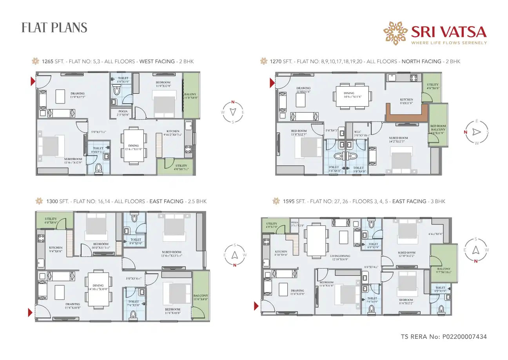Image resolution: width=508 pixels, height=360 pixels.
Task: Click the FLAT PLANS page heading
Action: [x=54, y=28]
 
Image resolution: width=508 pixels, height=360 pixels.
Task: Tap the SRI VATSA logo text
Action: [x=448, y=32]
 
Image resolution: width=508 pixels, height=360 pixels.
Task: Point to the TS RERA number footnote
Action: [x=444, y=336]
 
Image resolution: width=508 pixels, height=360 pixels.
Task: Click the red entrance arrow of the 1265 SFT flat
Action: [x=33, y=82]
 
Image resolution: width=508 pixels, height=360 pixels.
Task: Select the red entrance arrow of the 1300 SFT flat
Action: [x=30, y=312]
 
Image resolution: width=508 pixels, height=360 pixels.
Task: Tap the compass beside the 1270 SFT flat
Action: [x=476, y=132]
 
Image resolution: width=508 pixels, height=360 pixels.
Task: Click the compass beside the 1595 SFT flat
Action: [x=475, y=250]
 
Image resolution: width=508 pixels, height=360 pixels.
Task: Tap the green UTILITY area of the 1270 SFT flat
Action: [x=433, y=87]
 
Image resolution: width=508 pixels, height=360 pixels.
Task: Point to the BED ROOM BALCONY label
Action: [x=438, y=129]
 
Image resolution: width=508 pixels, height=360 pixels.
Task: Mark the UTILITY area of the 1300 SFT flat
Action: [x=51, y=220]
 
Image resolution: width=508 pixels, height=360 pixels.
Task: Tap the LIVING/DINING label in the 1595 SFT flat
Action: [x=340, y=256]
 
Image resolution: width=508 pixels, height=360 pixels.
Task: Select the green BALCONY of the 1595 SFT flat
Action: [x=444, y=263]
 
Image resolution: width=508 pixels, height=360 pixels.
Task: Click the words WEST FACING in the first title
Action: [x=157, y=62]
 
